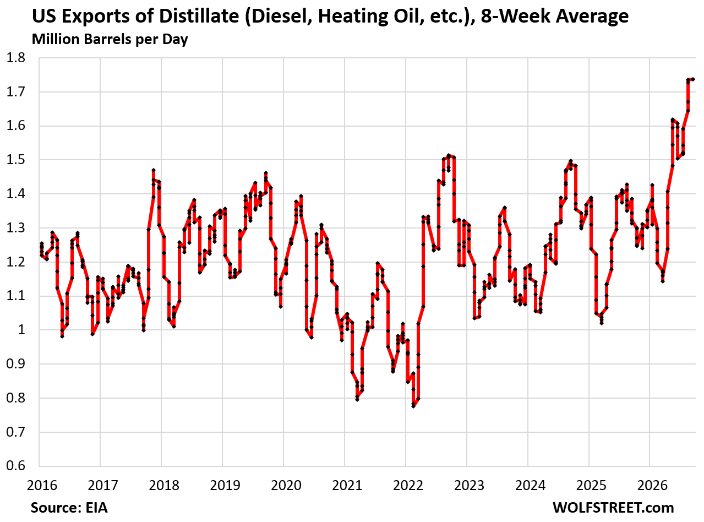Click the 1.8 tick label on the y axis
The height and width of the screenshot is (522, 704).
point(16,58)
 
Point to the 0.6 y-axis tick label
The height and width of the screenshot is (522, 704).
point(16,466)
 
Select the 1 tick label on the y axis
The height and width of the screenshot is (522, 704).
point(21,330)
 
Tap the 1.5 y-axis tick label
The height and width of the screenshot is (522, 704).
point(16,160)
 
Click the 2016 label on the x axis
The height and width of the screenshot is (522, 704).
point(42,486)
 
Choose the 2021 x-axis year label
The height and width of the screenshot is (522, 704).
point(347,486)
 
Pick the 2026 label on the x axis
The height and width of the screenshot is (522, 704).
point(653,486)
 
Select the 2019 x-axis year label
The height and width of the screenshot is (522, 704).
point(225,486)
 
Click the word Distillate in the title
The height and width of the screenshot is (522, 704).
point(199,16)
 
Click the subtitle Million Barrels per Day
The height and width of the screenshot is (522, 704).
point(110,40)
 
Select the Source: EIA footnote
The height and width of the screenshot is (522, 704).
point(69,508)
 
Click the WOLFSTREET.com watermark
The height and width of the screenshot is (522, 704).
point(613,508)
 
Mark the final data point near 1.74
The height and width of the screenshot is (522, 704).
point(693,79)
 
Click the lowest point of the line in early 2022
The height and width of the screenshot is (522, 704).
point(413,406)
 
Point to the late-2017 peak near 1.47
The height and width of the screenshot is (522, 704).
point(154,171)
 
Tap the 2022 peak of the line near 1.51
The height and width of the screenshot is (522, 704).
point(449,155)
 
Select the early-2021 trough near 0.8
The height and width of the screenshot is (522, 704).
point(357,400)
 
